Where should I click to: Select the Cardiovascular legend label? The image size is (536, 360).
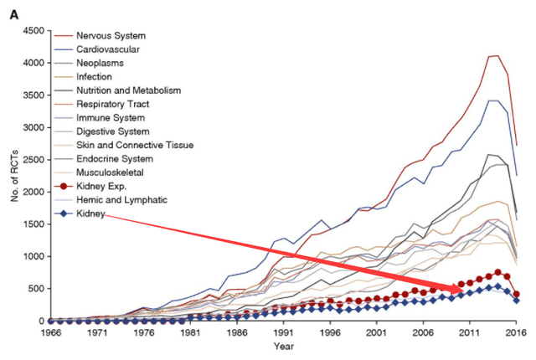110,49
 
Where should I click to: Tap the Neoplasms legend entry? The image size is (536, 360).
102,63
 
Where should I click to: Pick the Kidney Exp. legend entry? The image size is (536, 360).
102,186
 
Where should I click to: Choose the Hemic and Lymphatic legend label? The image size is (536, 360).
122,200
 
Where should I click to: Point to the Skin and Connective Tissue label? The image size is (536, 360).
135,145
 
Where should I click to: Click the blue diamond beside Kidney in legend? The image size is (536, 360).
64,215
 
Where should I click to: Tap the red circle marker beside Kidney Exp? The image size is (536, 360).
64,186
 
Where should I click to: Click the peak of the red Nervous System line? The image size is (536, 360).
497,55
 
